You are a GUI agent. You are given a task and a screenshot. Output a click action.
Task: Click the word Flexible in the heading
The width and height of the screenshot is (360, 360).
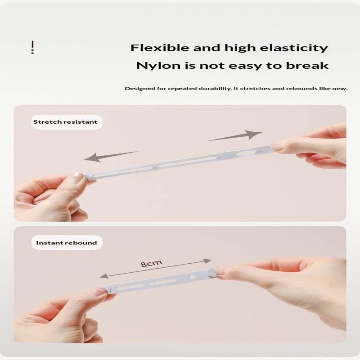click(151, 48)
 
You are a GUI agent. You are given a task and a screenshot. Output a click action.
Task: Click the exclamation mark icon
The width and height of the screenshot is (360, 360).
click(32, 47)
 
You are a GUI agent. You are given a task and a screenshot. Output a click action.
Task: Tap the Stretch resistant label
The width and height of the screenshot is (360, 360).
click(65, 122)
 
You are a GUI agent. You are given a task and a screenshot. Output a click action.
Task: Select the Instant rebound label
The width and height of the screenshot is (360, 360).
click(66, 243)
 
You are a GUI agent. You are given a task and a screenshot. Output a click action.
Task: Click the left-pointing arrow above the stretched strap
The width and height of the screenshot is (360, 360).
click(110, 156)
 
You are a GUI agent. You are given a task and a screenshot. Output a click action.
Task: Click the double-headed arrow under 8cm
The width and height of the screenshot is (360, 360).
click(156, 268)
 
